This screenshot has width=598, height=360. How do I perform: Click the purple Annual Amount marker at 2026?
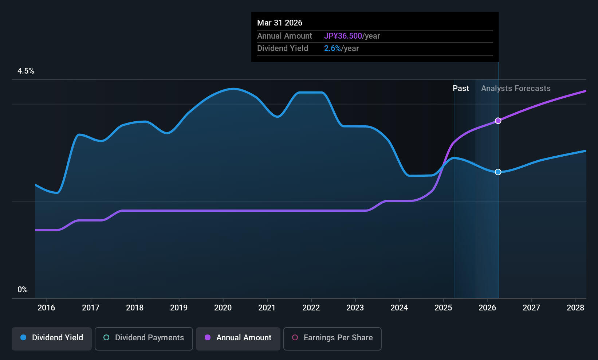click(x=498, y=121)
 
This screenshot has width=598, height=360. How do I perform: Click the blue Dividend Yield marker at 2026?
click(x=498, y=172)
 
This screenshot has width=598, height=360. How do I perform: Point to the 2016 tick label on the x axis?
click(x=46, y=308)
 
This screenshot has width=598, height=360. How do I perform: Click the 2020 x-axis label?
click(x=223, y=308)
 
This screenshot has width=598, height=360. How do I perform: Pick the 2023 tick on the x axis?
click(x=355, y=308)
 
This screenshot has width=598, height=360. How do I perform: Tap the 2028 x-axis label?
click(x=575, y=308)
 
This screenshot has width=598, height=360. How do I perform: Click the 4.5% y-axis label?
click(x=26, y=71)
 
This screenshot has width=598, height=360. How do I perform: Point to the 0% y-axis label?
click(x=23, y=290)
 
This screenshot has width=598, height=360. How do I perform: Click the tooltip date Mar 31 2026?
click(x=280, y=23)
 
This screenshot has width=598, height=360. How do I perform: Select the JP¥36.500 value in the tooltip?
click(x=343, y=36)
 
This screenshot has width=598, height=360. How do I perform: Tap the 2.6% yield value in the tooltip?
click(x=332, y=48)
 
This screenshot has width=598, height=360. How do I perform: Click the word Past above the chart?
click(x=461, y=89)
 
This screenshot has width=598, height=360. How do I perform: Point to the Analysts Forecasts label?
click(x=516, y=89)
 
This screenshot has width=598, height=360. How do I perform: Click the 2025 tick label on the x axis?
click(x=443, y=308)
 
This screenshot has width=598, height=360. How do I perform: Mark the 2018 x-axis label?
click(x=135, y=308)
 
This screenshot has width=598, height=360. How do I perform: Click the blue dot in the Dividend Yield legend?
click(x=23, y=338)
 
